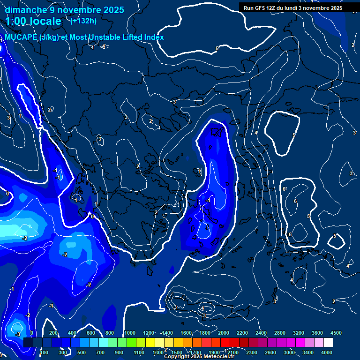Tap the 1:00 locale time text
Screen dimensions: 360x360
(33, 21)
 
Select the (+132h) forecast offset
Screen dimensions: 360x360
(83, 21)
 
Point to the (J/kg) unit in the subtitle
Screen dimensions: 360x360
(50, 37)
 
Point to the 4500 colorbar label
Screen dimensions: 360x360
(336, 333)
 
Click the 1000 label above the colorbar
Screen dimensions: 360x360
(130, 333)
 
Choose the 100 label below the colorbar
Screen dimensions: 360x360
(44, 352)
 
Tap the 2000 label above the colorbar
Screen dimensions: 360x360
(224, 333)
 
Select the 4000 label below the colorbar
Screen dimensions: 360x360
(327, 352)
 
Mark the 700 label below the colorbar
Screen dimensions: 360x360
(100, 352)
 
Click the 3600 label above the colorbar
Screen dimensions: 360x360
(317, 333)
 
